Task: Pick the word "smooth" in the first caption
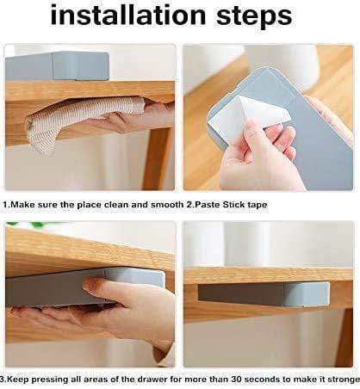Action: pyautogui.click(x=176, y=206)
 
